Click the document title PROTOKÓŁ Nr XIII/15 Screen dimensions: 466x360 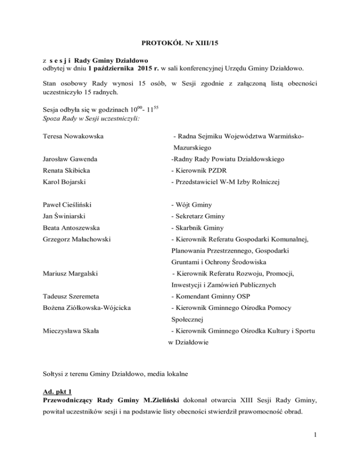(180, 45)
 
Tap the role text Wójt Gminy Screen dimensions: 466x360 (194, 218)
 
